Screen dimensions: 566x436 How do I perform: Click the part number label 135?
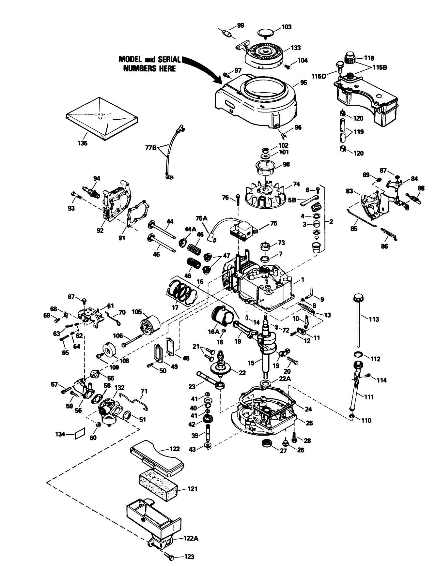(83, 143)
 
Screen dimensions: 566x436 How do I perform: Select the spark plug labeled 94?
(93, 191)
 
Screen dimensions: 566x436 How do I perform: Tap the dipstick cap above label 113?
(358, 298)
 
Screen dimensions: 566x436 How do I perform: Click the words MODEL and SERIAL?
(149, 60)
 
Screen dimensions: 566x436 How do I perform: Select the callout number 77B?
(151, 147)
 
